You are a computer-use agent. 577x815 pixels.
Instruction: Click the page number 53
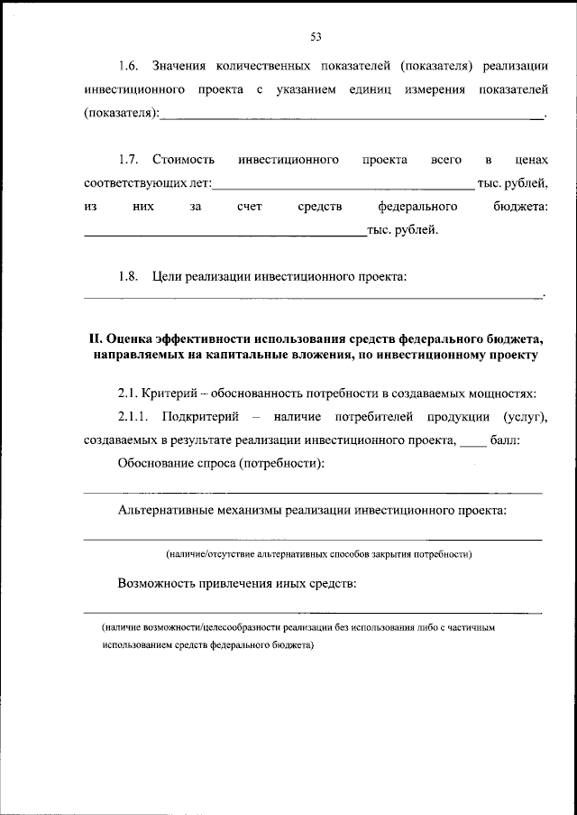point(316,37)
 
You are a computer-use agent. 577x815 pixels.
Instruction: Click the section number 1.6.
point(129,66)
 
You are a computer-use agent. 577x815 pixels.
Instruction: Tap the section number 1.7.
point(129,160)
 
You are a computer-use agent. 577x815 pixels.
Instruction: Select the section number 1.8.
point(129,277)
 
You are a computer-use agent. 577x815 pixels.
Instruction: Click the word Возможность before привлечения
point(162,583)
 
